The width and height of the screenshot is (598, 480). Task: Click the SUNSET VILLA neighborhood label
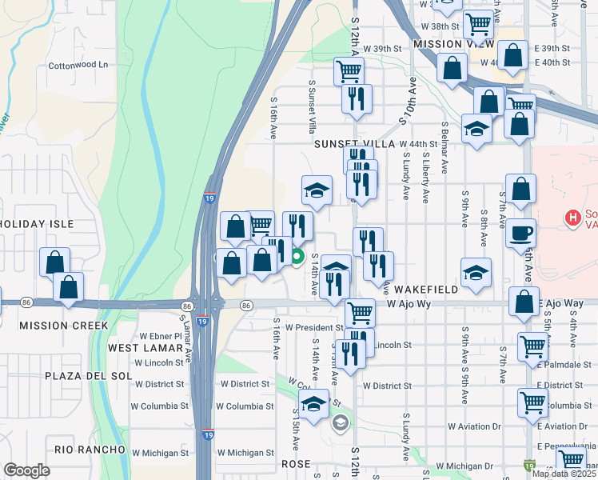pos(355,143)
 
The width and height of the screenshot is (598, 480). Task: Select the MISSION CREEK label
pos(63,326)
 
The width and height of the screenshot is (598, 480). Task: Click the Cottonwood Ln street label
pos(78,65)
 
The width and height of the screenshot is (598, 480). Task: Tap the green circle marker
pos(297,257)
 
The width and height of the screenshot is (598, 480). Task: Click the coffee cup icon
pos(521,232)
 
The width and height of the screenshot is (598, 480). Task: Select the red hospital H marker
pos(572,217)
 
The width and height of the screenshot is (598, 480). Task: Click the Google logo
pos(26,470)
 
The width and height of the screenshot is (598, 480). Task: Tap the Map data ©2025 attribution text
pos(564,474)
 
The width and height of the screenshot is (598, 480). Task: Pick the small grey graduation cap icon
pos(340,422)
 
